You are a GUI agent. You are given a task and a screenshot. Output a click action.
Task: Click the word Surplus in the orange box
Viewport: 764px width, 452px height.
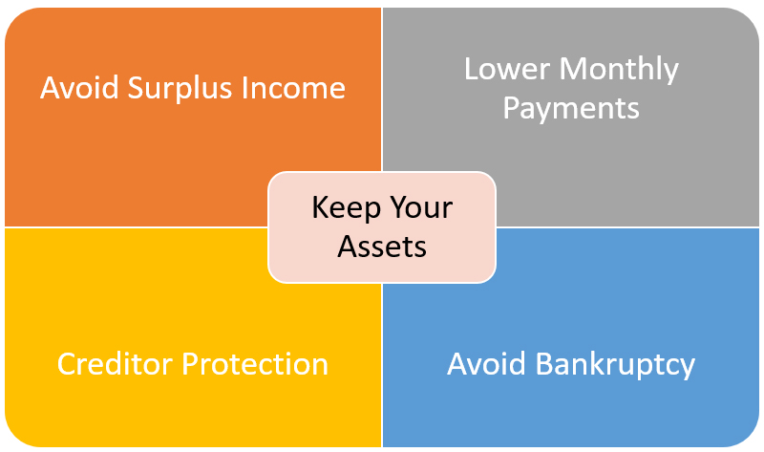(180, 89)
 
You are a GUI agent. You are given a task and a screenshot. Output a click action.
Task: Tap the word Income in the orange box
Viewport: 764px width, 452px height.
(293, 88)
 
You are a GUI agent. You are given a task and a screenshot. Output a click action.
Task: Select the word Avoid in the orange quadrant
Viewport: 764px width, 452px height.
(79, 88)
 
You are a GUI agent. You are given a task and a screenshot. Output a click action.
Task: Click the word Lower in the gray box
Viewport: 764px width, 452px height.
(507, 69)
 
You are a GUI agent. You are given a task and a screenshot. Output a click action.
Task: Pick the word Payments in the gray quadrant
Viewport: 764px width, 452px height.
(571, 109)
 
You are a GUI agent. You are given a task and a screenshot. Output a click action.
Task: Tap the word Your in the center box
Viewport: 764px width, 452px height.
(421, 207)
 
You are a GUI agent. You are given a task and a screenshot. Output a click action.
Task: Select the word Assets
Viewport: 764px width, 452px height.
(382, 247)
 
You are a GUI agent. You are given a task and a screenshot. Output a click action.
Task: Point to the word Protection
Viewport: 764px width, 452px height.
(255, 364)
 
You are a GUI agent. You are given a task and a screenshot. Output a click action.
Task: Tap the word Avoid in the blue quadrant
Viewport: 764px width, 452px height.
(486, 364)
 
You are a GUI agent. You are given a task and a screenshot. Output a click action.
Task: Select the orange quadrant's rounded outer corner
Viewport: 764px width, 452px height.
(14, 17)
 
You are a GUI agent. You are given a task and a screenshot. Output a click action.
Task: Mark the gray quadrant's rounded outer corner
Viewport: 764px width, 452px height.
(750, 17)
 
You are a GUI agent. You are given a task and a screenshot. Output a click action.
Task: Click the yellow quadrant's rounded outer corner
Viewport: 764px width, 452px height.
(14, 437)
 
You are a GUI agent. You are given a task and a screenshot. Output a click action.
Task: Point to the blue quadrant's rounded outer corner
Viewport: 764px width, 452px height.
(750, 437)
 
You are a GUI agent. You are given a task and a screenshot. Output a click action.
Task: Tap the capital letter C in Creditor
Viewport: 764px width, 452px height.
(67, 364)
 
